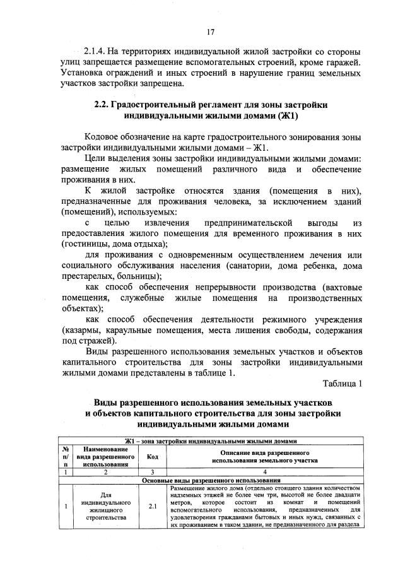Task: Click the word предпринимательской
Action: (250, 223)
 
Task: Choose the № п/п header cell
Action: (65, 457)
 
